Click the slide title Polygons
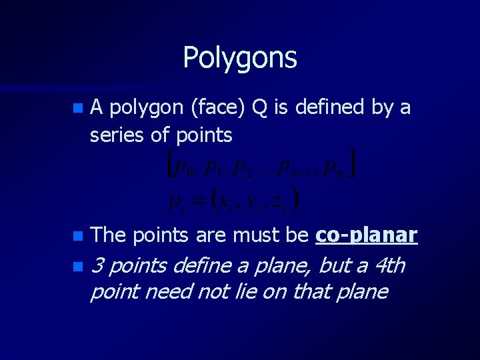point(240,58)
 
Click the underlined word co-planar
point(367,235)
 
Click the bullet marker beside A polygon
point(79,107)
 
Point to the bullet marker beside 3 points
point(79,267)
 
